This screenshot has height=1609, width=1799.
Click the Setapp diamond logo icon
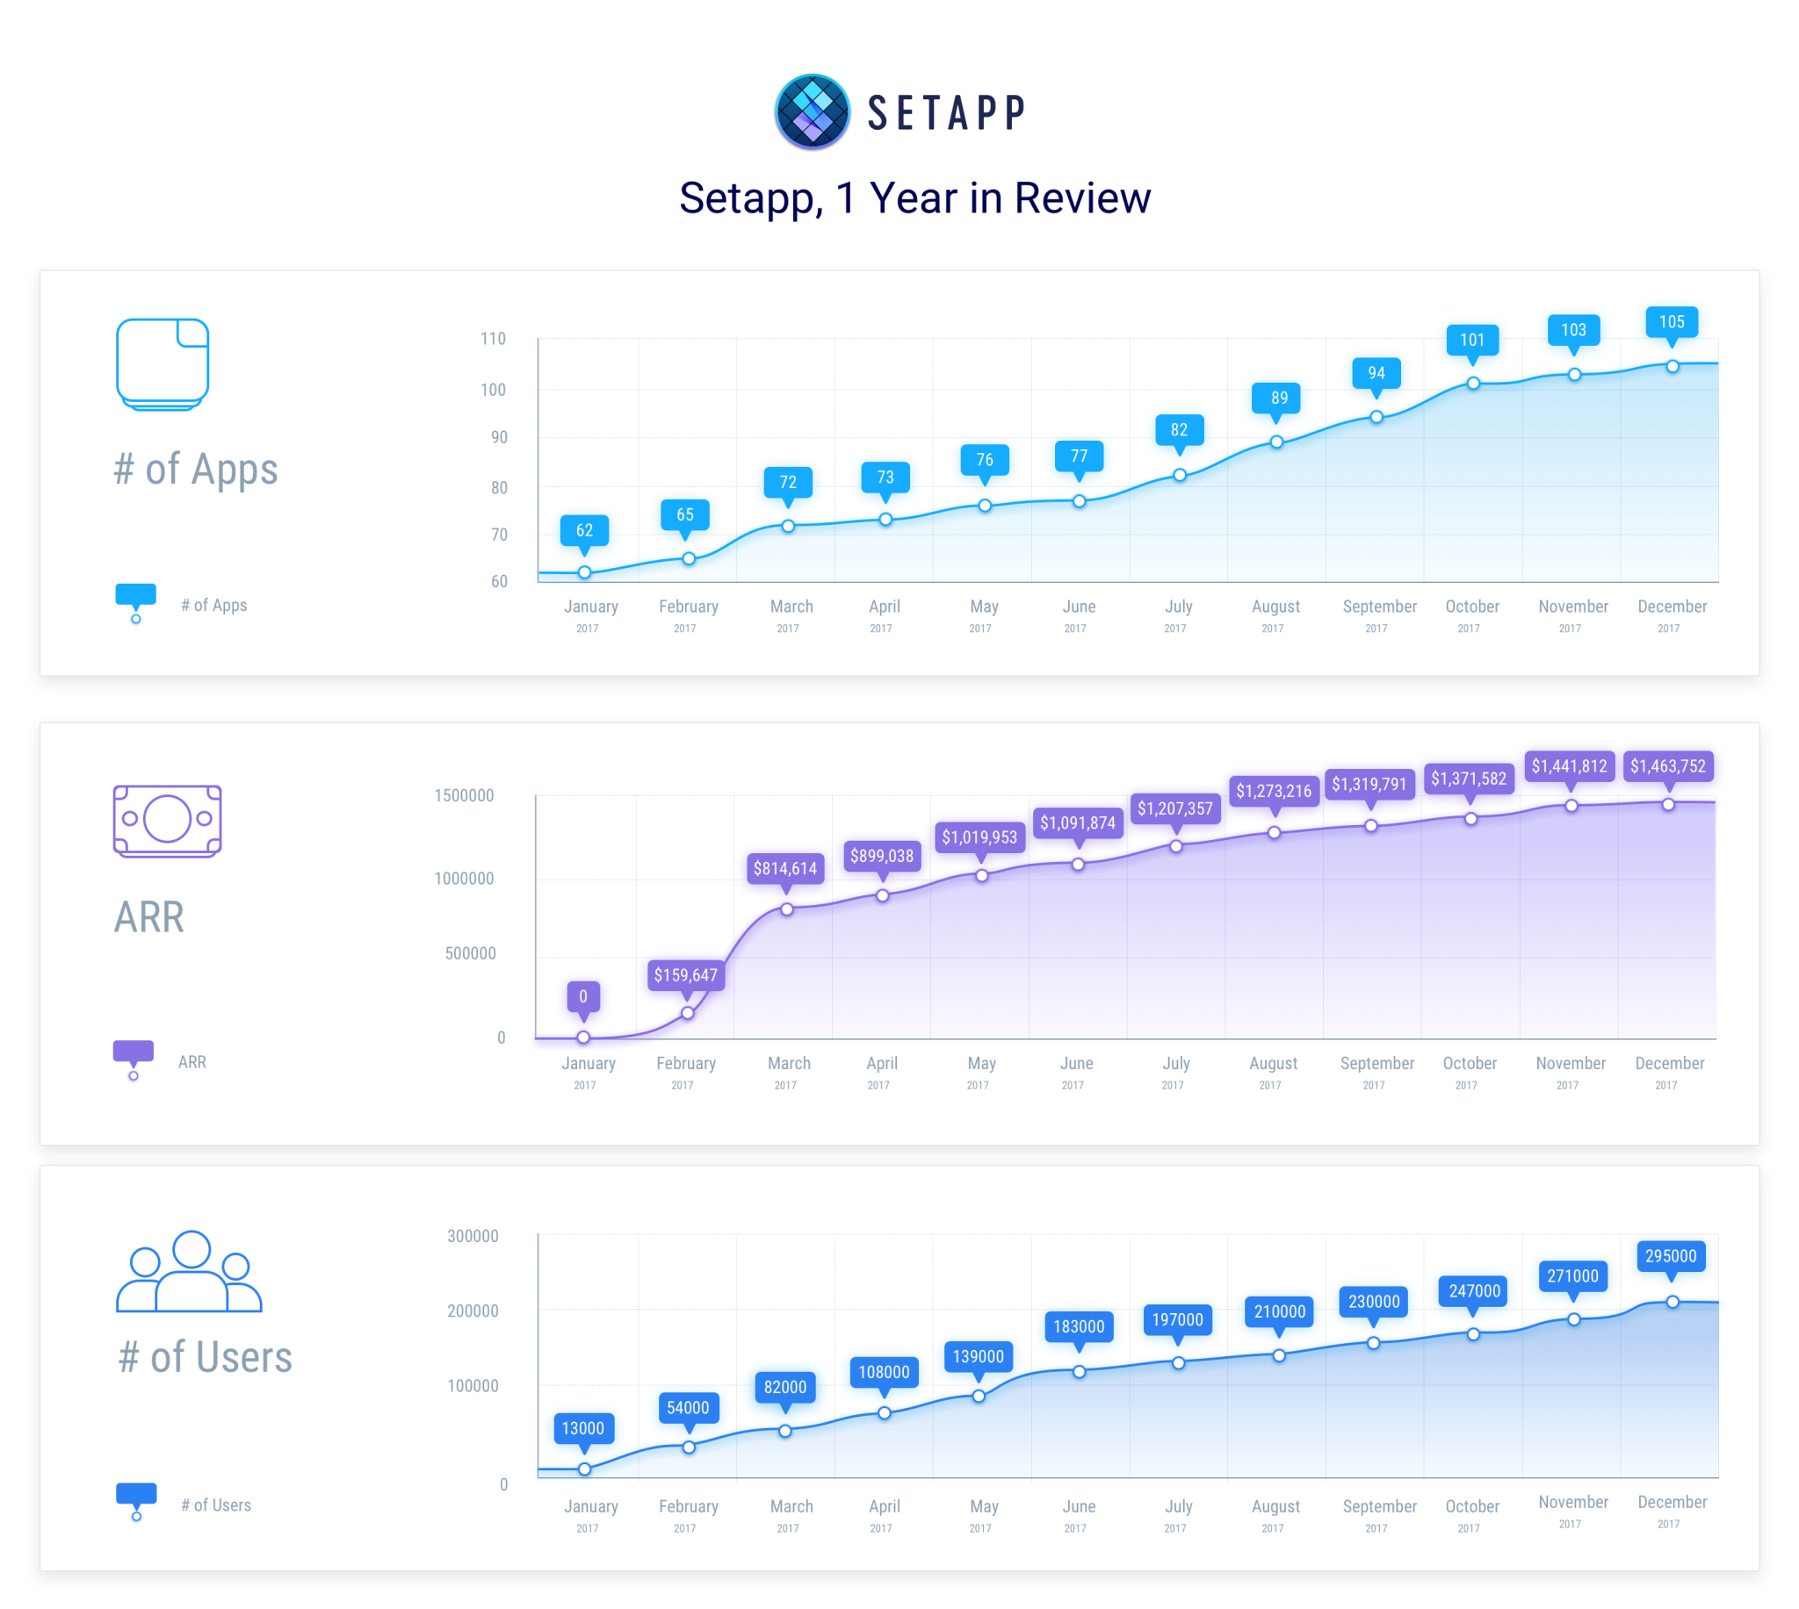coord(811,111)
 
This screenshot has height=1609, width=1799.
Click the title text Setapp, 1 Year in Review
coord(914,198)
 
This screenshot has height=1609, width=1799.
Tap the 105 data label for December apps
coord(1670,322)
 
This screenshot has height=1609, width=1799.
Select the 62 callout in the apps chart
coord(584,530)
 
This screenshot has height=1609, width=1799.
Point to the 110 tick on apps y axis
coord(493,339)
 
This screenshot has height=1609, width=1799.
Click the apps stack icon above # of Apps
coord(163,363)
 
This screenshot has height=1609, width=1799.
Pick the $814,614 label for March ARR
coord(784,868)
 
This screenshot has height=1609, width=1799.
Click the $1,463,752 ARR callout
coord(1667,766)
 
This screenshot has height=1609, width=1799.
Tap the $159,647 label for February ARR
coord(685,975)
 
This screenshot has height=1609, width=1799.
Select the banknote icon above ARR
coord(167,821)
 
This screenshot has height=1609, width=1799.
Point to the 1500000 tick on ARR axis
coord(464,795)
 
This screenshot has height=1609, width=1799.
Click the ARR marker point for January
coord(583,1037)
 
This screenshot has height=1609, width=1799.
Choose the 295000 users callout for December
coord(1670,1256)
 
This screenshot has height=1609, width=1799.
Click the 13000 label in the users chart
coord(583,1428)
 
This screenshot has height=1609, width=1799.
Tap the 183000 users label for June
coord(1078,1326)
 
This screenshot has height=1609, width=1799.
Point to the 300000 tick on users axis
coord(473,1236)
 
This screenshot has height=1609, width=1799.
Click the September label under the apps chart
coord(1379,607)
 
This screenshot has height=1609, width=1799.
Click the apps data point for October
coord(1472,384)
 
